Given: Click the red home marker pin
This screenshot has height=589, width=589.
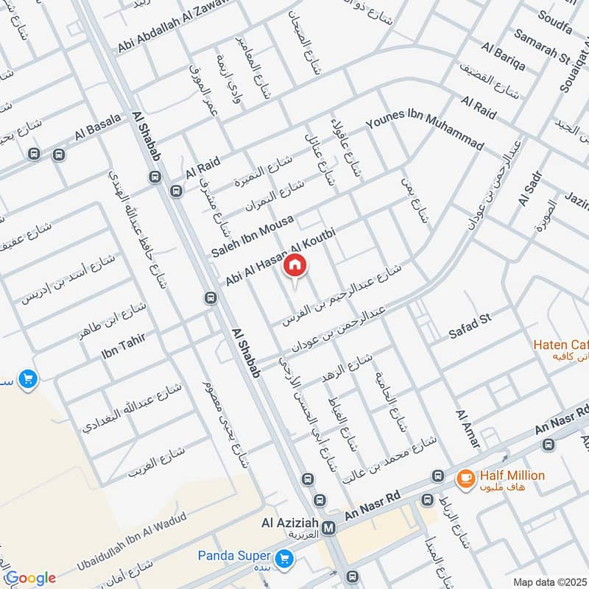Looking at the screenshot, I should (x=294, y=265).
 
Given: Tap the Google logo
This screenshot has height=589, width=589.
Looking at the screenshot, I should (x=30, y=578).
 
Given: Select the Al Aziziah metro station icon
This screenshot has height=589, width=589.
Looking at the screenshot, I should (x=329, y=528).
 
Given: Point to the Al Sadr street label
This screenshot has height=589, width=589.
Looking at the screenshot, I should (x=530, y=188).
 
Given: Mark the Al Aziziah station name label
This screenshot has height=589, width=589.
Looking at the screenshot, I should (x=290, y=524).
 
